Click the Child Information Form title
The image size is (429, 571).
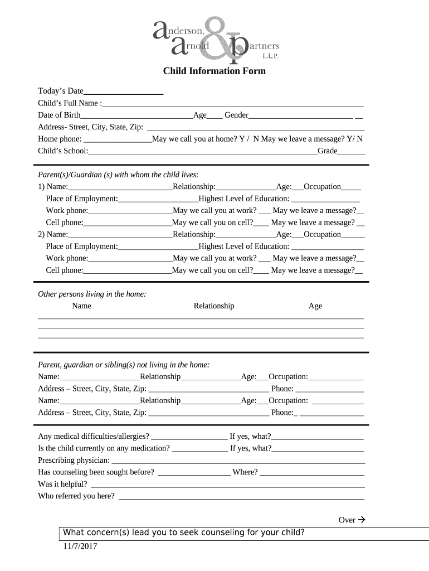(214, 71)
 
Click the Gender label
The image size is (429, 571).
(236, 115)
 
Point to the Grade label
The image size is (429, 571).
(328, 151)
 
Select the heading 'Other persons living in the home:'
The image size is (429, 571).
(92, 294)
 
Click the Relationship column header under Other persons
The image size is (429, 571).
(214, 306)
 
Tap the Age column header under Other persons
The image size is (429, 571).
(315, 306)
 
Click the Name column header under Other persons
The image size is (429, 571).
(81, 306)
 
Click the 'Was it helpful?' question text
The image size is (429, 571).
(62, 484)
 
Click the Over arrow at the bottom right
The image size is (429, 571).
(352, 520)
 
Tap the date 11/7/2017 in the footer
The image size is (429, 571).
(80, 546)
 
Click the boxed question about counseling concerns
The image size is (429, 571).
(184, 533)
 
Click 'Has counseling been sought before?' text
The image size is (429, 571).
(96, 472)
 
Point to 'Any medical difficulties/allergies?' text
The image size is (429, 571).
(94, 436)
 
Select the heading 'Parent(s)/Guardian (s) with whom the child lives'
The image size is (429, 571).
(118, 175)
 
